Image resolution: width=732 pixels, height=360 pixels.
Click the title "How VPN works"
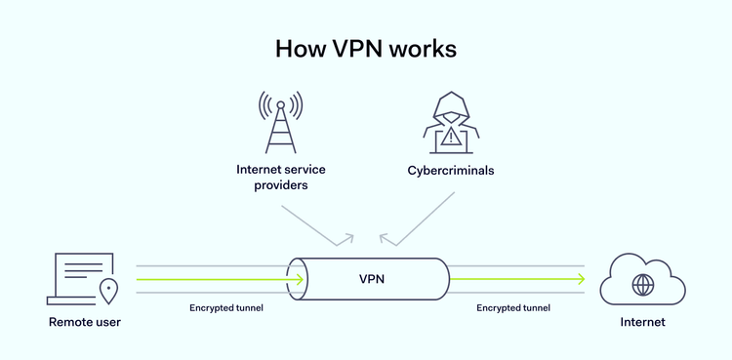(x=366, y=48)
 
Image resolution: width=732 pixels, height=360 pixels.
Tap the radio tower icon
(x=280, y=122)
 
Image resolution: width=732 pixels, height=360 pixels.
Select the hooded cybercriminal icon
(x=451, y=121)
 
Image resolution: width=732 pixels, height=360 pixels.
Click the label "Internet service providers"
(x=281, y=177)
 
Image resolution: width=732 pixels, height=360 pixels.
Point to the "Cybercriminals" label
(x=451, y=170)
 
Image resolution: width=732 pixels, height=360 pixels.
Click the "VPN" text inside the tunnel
(x=372, y=279)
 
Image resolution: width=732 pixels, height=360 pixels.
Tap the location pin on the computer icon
(x=108, y=290)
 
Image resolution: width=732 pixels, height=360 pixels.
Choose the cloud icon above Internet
(x=642, y=279)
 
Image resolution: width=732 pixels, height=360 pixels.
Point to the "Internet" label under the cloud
(x=642, y=321)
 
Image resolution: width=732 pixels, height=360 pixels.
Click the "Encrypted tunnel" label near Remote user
(x=226, y=307)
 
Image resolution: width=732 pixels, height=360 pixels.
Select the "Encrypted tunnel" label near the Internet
(x=513, y=307)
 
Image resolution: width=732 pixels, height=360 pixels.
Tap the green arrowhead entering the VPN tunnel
(x=300, y=279)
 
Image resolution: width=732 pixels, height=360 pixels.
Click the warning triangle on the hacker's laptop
(x=451, y=138)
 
